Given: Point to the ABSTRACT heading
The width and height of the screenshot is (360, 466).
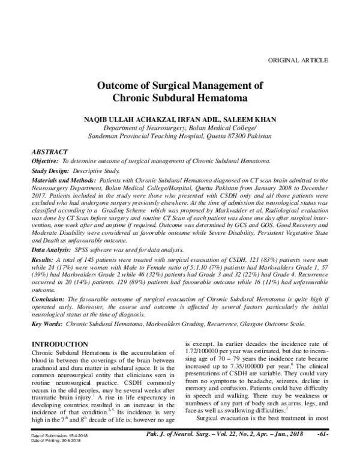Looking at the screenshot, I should [x=49, y=152].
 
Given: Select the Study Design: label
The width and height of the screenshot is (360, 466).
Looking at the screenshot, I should [x=50, y=171].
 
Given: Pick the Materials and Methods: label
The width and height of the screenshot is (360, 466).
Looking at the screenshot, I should [x=63, y=181].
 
